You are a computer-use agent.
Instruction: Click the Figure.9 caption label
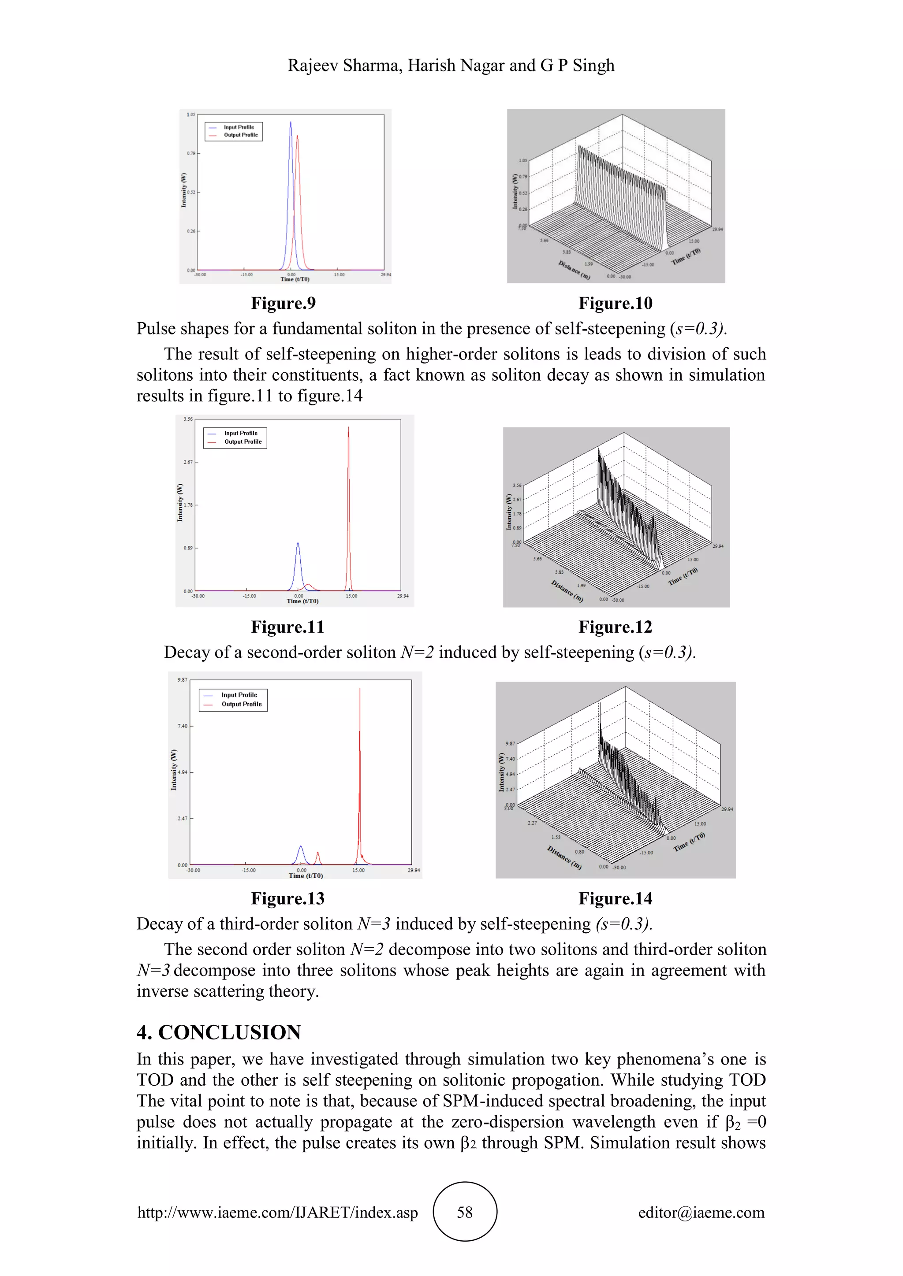click(x=283, y=304)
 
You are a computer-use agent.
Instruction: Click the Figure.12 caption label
click(x=615, y=627)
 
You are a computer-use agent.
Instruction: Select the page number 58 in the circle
click(x=464, y=1212)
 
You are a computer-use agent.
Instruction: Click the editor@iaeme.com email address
click(x=701, y=1212)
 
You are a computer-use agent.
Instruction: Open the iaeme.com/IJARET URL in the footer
click(x=277, y=1212)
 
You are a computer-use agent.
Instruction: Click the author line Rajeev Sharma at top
click(x=451, y=66)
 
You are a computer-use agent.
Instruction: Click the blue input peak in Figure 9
click(x=290, y=125)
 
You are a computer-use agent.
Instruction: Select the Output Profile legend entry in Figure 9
click(x=240, y=135)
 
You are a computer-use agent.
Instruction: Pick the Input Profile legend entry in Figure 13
click(x=239, y=695)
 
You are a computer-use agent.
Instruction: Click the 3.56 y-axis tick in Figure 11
click(x=188, y=419)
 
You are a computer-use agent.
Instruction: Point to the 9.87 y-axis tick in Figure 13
click(x=183, y=680)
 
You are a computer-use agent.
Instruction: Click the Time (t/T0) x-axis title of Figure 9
click(x=295, y=279)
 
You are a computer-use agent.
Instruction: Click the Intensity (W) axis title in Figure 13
click(x=173, y=769)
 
